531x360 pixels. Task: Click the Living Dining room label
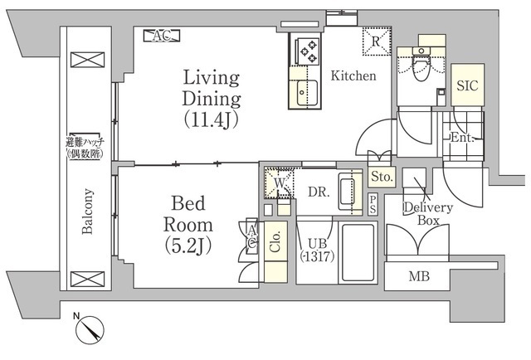(212, 99)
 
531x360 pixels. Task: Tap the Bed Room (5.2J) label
(188, 225)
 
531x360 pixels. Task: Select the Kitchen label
(353, 75)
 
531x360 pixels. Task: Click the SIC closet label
(467, 85)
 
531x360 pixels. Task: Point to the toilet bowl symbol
(421, 67)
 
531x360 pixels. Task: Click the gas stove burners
(308, 51)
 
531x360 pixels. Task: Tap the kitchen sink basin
(308, 93)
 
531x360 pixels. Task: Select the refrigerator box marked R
(377, 41)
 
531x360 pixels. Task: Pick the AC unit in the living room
(162, 36)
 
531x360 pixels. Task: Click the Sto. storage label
(382, 177)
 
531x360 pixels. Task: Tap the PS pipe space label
(373, 205)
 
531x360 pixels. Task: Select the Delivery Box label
(428, 214)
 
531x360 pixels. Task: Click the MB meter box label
(419, 276)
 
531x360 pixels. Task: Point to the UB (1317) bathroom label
(318, 250)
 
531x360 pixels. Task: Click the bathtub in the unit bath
(358, 252)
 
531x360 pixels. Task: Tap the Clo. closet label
(275, 241)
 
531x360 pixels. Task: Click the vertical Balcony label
(87, 212)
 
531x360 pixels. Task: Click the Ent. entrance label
(462, 138)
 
